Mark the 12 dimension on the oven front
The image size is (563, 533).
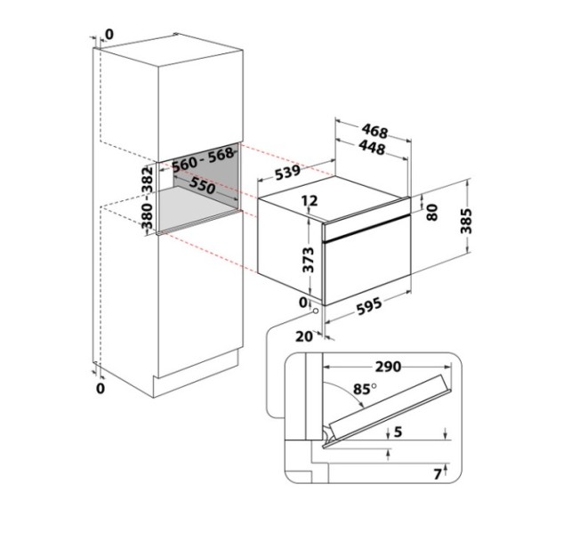click(x=310, y=202)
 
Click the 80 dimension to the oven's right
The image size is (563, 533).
click(x=432, y=212)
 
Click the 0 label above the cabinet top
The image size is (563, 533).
click(x=109, y=34)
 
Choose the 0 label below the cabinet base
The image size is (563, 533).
click(x=100, y=388)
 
